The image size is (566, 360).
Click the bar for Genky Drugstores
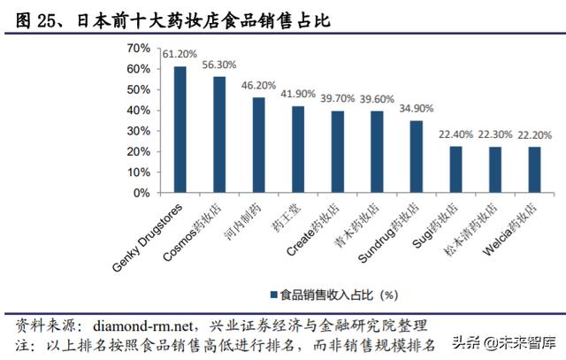180,129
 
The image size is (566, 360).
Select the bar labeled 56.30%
219,134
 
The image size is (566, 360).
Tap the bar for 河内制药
259,144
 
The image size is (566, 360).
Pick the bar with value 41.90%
298,149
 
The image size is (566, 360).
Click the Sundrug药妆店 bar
416,157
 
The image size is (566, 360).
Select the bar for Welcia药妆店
533,169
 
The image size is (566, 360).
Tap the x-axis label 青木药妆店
363,229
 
